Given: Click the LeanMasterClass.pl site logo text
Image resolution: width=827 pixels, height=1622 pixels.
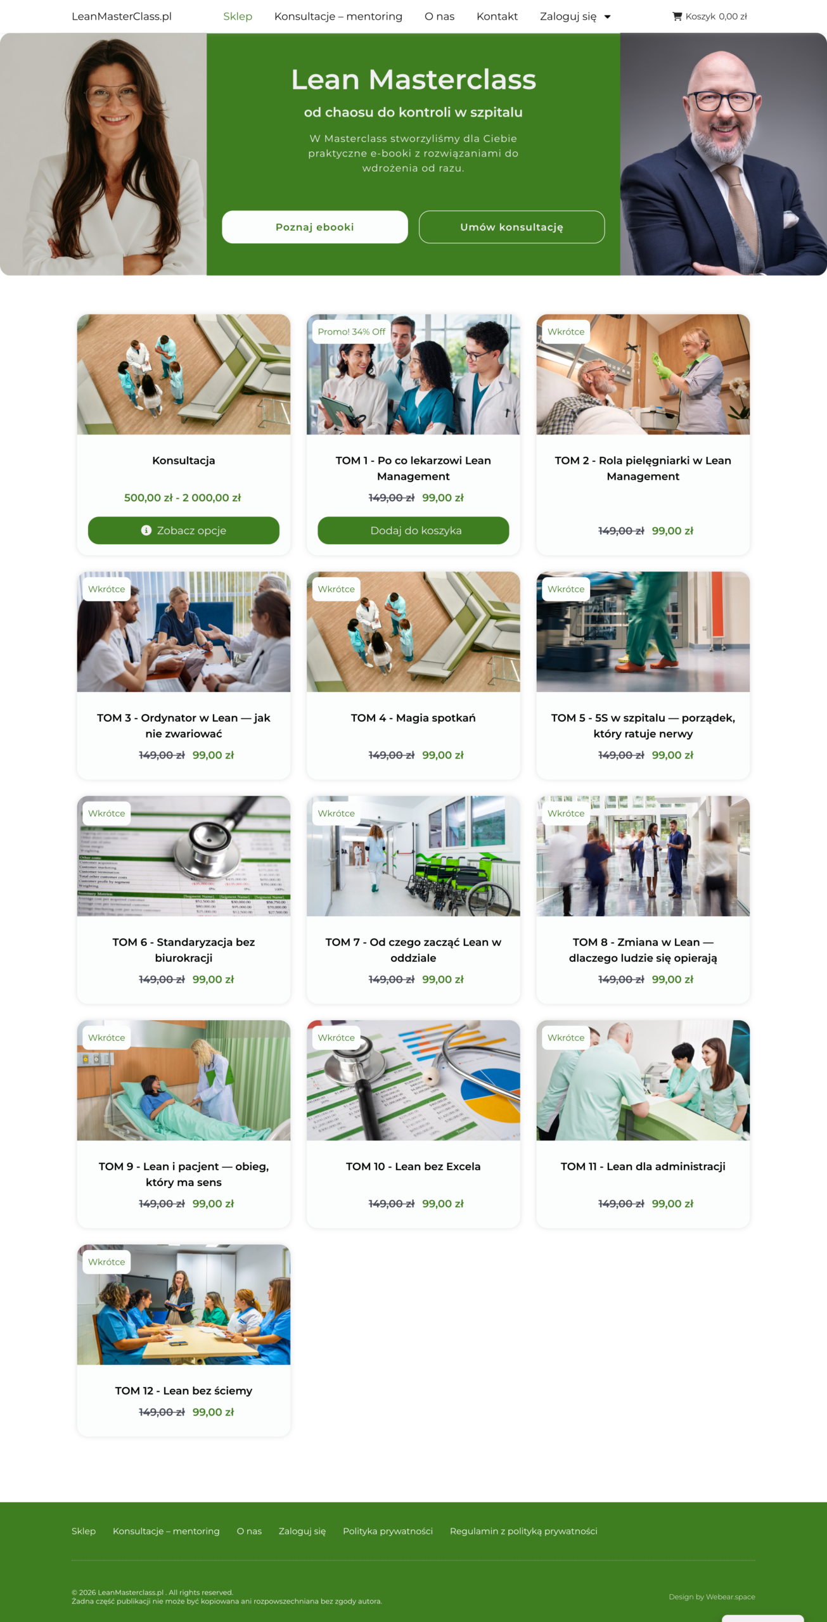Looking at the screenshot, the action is point(122,16).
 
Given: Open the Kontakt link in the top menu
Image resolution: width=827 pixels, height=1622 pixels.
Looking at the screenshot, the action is point(497,16).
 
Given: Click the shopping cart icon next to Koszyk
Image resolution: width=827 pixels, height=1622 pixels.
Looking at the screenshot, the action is point(677,16).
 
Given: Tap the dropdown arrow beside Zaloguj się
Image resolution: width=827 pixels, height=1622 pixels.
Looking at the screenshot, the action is point(607,17).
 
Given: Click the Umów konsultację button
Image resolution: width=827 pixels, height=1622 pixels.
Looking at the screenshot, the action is point(511,227).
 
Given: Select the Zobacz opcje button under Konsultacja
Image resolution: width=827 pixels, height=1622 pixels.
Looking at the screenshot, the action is point(184,530).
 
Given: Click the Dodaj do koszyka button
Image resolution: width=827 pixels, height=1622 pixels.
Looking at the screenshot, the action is point(413,530).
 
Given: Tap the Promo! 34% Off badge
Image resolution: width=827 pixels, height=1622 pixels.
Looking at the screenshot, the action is point(352,332).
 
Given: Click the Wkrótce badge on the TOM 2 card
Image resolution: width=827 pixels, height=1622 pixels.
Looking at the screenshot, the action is point(566,332).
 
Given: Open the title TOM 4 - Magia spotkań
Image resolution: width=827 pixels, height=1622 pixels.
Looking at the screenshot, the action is point(413,718).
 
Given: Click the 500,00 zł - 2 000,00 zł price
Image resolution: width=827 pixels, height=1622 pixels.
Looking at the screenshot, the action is point(183,498).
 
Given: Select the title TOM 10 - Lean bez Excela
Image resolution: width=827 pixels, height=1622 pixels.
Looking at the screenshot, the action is point(413,1166).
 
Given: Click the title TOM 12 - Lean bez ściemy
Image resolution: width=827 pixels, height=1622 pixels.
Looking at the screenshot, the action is point(184,1391).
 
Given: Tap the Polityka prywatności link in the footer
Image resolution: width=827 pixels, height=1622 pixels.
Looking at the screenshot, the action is point(388,1531).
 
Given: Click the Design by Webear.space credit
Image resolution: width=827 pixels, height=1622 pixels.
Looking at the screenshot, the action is point(712,1597).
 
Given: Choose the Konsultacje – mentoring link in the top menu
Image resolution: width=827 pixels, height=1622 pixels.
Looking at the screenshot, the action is point(338,16).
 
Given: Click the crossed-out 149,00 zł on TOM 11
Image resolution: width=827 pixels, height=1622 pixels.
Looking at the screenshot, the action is point(621,1204).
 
